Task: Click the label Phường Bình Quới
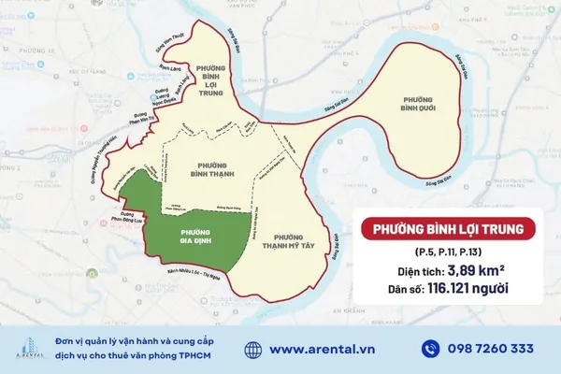tap(418, 104)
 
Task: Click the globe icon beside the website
tap(253, 349)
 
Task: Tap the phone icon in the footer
tap(430, 349)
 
